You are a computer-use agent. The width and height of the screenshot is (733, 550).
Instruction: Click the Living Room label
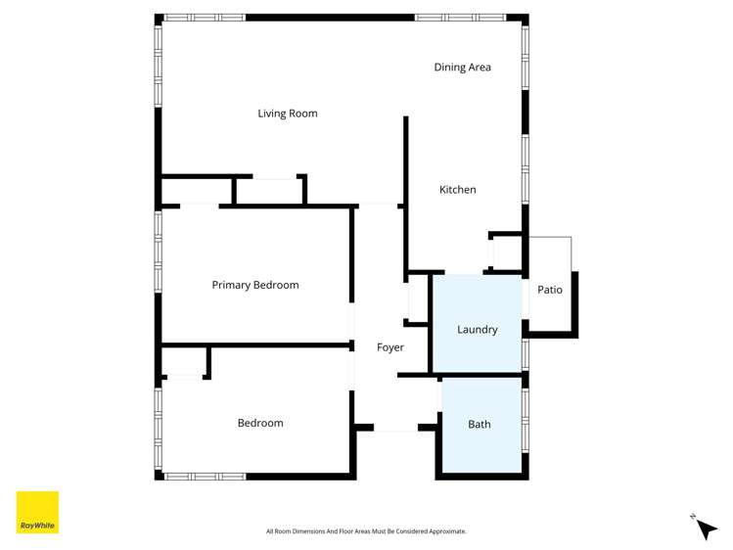[x=287, y=114]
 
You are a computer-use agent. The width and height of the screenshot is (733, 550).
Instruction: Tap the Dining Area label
[x=462, y=68]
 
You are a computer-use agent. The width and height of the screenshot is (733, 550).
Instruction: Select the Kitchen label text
[x=457, y=190]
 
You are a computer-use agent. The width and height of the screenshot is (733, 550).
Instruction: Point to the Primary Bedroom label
[x=255, y=286]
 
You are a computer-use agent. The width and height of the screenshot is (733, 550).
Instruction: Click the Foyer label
[x=390, y=347]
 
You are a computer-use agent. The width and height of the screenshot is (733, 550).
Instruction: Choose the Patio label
[x=550, y=290]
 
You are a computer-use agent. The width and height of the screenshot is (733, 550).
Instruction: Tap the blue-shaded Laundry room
[x=477, y=323]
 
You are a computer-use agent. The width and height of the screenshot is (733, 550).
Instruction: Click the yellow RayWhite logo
[x=37, y=513]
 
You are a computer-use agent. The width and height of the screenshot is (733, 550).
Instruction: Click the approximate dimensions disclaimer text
[x=366, y=531]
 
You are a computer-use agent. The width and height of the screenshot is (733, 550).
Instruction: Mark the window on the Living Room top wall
[x=204, y=18]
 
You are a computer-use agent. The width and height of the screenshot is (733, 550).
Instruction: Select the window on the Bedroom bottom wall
[x=204, y=477]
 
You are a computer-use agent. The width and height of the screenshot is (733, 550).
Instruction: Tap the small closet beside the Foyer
[x=418, y=298]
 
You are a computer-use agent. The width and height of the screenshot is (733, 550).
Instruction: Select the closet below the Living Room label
[x=269, y=191]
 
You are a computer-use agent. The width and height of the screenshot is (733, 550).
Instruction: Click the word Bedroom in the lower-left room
[x=260, y=424]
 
